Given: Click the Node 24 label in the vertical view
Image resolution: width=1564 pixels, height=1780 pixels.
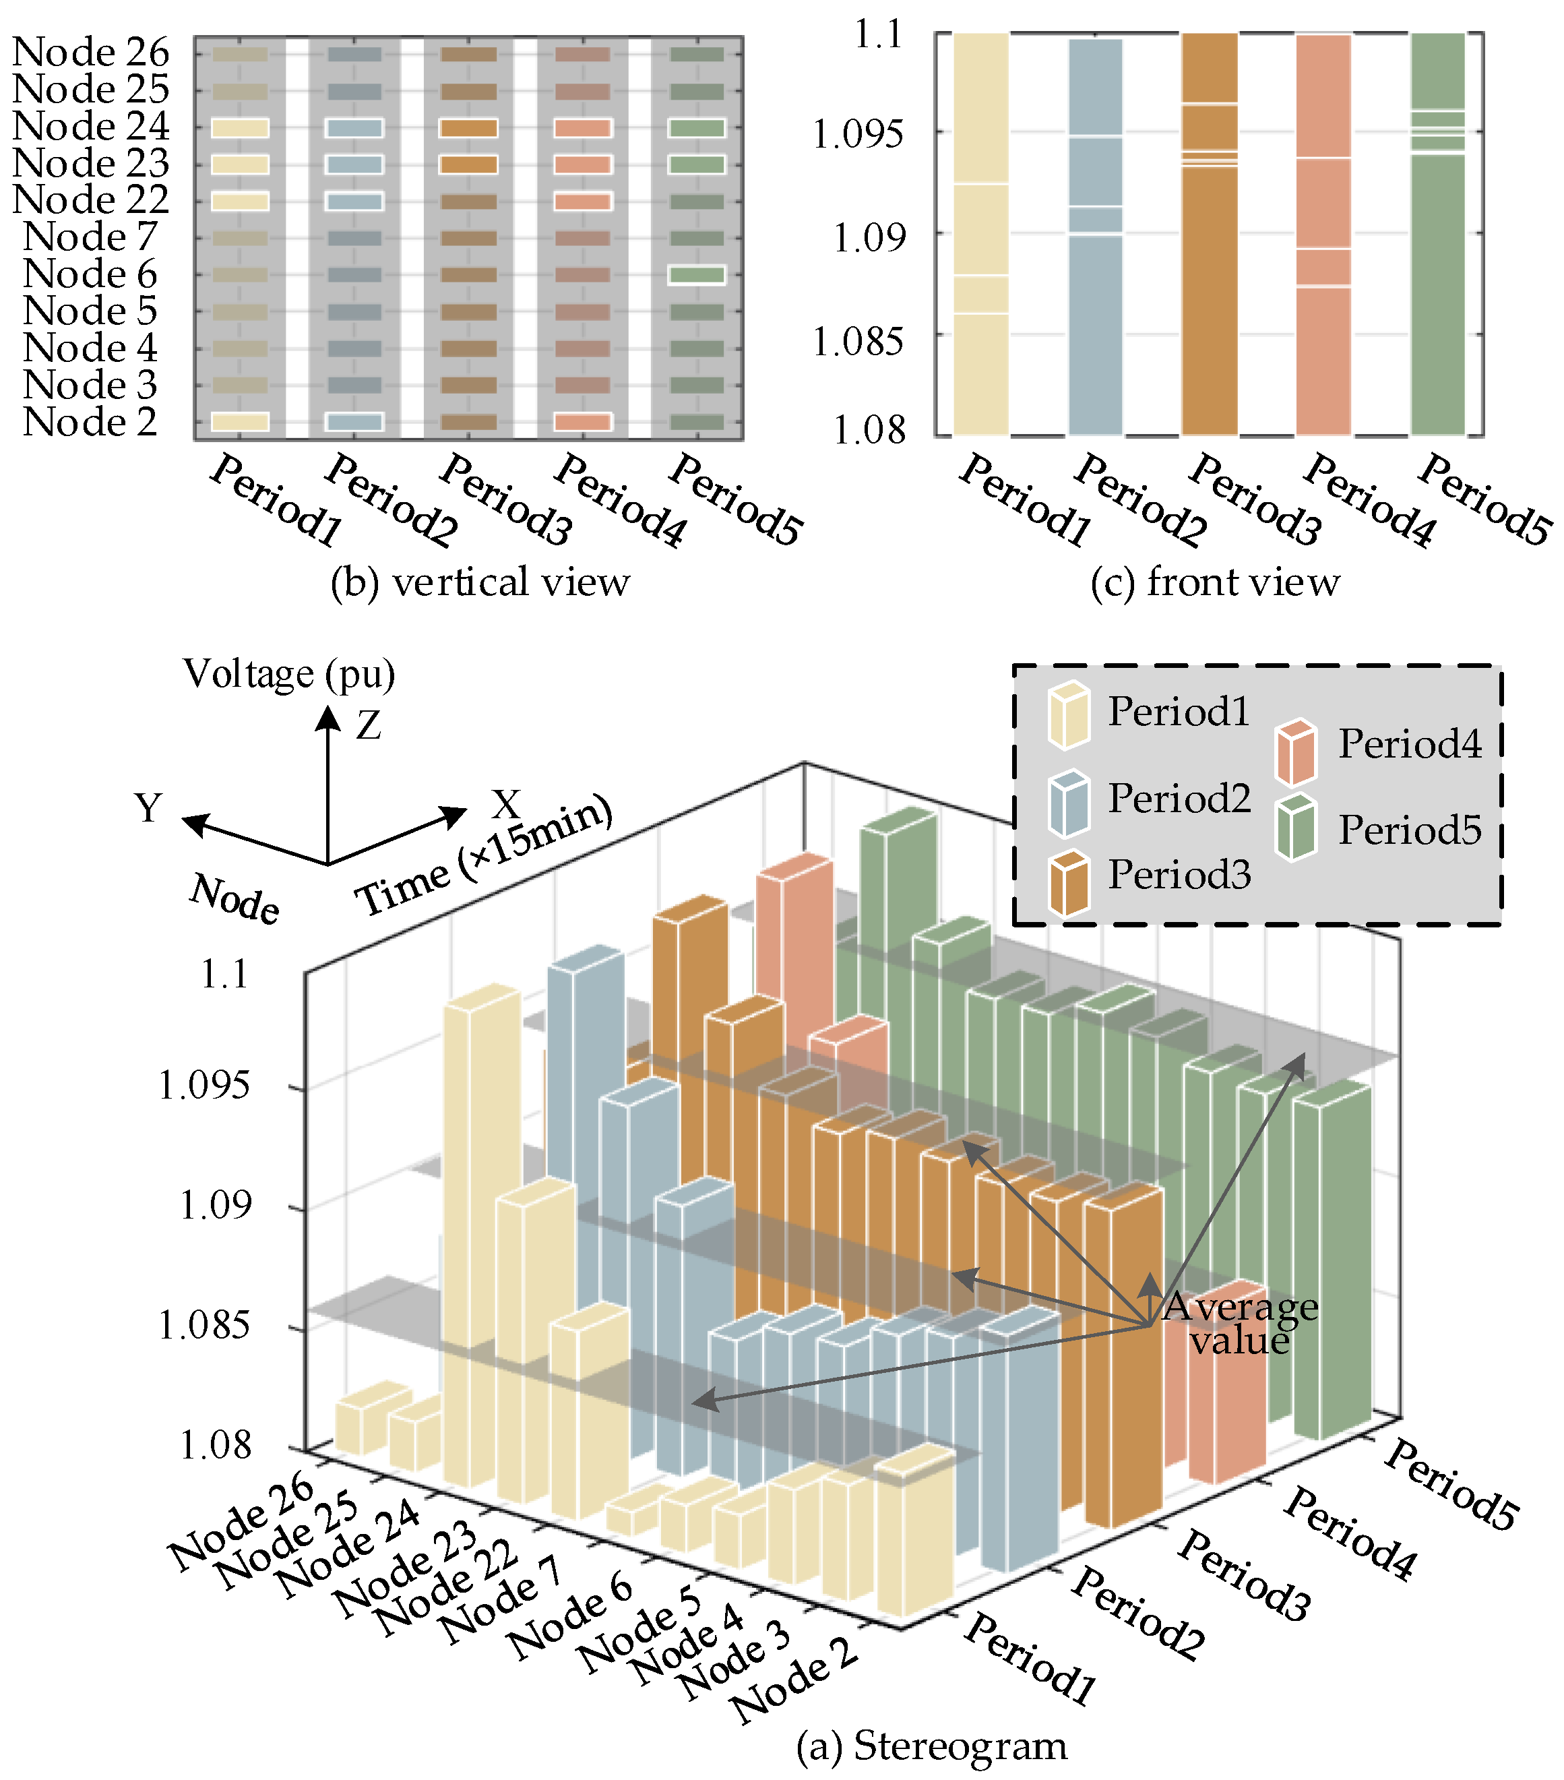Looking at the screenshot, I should [x=90, y=126].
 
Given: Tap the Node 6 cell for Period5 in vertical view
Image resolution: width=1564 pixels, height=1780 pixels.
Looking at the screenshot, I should [x=696, y=275].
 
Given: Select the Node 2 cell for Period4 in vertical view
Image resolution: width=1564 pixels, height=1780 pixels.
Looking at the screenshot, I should [x=583, y=423].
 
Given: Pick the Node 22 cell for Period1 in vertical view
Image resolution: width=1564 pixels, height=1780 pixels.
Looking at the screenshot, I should [x=239, y=201].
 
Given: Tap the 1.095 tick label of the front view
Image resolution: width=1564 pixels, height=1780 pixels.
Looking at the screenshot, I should [x=857, y=135].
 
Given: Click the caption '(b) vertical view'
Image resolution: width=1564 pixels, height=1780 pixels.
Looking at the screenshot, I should [x=480, y=582].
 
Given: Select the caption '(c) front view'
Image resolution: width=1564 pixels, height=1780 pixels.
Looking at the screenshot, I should [x=1215, y=582].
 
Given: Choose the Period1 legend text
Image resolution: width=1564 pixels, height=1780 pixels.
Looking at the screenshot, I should [x=1179, y=712].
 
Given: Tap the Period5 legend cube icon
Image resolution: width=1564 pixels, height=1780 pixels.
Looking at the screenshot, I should [x=1296, y=827].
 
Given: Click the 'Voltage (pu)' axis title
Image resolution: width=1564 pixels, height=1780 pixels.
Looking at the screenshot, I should [x=289, y=674].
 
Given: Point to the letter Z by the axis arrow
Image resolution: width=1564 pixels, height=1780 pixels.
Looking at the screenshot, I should [x=369, y=725].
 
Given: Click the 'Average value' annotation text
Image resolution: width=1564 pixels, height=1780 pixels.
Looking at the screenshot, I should [x=1240, y=1323].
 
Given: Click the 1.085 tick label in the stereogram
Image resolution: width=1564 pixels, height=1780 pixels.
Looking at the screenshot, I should [x=203, y=1327].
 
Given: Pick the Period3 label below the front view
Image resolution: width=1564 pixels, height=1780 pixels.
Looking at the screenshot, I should [x=1255, y=500].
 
